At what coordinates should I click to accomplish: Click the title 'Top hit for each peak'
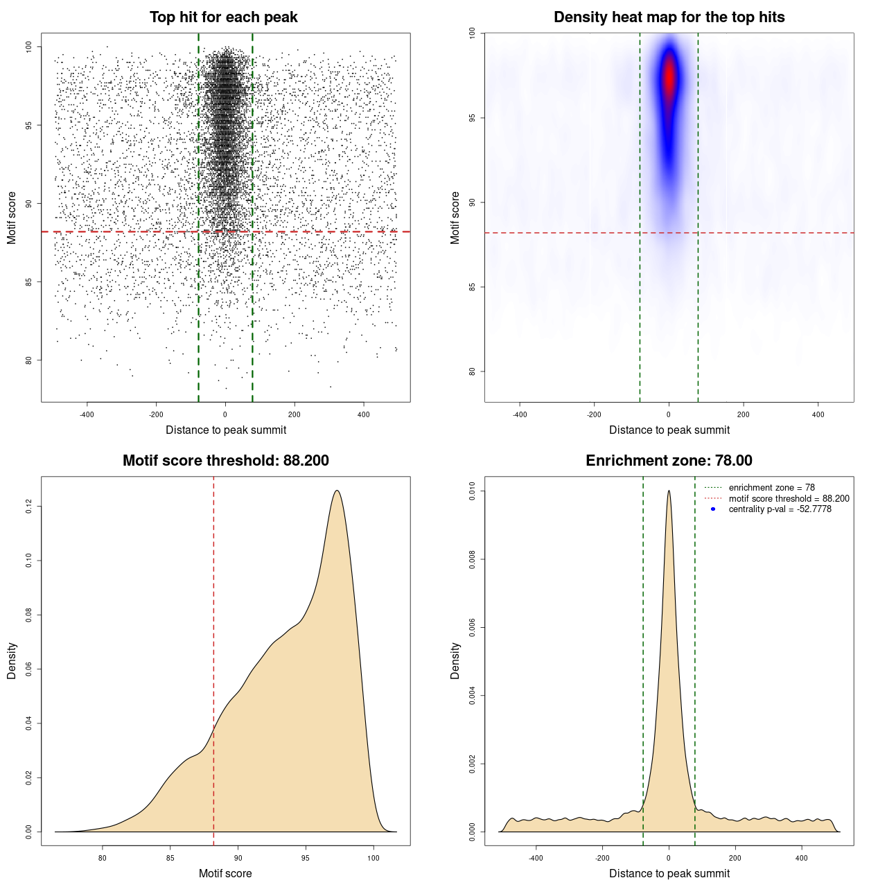[223, 17]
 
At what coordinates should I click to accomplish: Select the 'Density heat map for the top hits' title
[669, 17]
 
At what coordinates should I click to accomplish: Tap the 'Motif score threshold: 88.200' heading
[225, 461]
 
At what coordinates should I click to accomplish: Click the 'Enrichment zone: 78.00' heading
[669, 461]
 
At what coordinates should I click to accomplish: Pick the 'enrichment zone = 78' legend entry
[771, 488]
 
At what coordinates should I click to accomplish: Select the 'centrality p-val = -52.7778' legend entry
[780, 509]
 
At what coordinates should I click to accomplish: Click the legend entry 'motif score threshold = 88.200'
[789, 499]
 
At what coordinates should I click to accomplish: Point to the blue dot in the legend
[713, 509]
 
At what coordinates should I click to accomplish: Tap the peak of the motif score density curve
[337, 491]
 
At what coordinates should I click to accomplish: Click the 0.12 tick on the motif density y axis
[28, 507]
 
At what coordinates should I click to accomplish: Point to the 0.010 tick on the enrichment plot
[472, 491]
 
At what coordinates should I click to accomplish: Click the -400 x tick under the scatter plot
[87, 414]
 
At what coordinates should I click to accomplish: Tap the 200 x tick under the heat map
[743, 414]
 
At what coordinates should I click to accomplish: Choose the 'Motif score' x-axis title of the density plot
[225, 873]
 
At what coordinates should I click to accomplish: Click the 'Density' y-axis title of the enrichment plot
[455, 660]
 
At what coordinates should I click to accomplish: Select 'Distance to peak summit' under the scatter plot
[226, 430]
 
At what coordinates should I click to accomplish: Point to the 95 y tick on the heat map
[472, 118]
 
